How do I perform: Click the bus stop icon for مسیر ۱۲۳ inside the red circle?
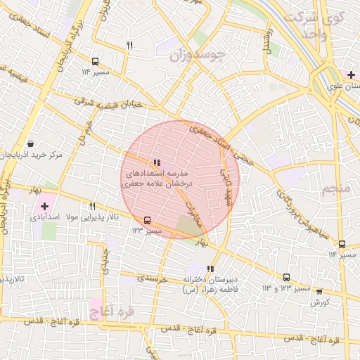point(147,219)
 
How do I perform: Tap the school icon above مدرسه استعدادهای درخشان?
point(155,162)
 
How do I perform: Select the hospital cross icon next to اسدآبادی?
point(44,206)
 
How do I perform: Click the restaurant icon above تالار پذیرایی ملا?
point(92,206)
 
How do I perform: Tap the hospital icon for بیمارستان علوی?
point(350,75)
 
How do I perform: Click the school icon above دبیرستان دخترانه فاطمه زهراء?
point(210,269)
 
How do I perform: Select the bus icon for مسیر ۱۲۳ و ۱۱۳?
point(286,277)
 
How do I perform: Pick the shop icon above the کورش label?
point(319,291)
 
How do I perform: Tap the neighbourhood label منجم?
point(335,190)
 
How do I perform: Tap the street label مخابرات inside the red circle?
point(192,210)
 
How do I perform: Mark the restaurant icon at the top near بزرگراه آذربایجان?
point(129,46)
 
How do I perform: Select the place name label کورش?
point(320,302)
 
